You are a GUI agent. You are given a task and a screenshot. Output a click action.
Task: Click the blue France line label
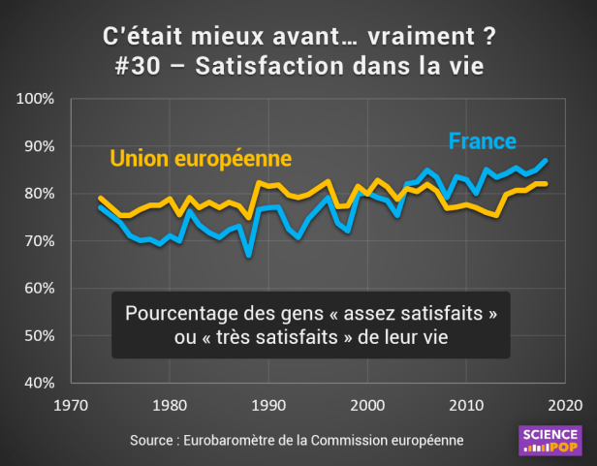click(x=482, y=140)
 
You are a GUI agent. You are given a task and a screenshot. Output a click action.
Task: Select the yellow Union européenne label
click(x=201, y=157)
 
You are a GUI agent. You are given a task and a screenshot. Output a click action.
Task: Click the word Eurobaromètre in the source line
click(x=238, y=440)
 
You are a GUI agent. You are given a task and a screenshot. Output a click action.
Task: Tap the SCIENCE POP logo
click(x=550, y=441)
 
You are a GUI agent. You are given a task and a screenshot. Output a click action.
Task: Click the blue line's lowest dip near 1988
click(x=249, y=256)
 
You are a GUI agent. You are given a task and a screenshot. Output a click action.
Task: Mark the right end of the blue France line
click(x=547, y=160)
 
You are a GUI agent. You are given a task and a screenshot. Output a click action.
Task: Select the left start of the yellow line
click(x=100, y=198)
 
